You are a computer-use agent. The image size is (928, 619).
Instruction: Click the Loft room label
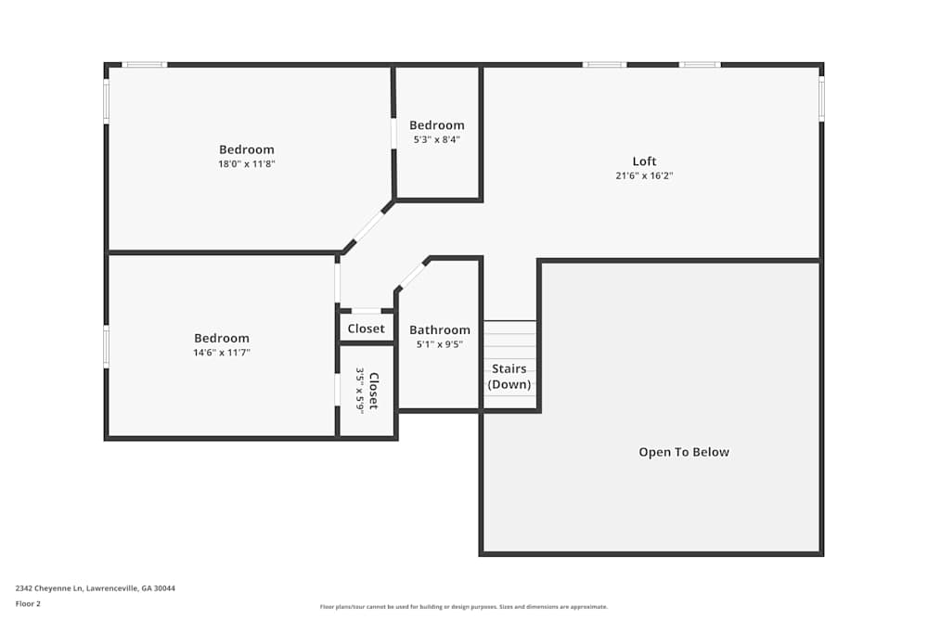click(x=644, y=161)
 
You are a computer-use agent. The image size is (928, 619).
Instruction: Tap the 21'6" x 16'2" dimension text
click(x=644, y=175)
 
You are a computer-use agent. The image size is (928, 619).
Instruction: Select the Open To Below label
click(x=684, y=452)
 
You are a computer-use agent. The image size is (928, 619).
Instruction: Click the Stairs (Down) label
click(x=509, y=377)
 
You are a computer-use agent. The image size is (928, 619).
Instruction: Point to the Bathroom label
click(x=440, y=329)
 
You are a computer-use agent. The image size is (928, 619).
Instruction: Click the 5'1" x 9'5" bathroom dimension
click(x=440, y=344)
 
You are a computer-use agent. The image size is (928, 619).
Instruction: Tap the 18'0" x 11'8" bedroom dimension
click(x=247, y=163)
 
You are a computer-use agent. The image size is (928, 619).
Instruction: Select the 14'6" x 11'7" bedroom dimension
click(x=222, y=353)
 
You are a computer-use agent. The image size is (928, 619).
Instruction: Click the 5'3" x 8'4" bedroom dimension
click(x=437, y=139)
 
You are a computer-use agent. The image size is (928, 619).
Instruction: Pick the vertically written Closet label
click(x=373, y=391)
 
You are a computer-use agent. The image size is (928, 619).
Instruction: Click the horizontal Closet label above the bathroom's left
click(x=366, y=329)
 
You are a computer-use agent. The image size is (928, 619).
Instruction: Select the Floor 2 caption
click(x=28, y=603)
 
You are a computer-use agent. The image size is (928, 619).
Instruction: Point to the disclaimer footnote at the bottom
click(x=464, y=607)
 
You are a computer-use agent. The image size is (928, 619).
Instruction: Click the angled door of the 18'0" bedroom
click(x=368, y=226)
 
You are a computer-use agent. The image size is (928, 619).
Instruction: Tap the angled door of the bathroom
click(x=413, y=274)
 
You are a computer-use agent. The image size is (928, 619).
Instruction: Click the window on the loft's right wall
click(x=821, y=98)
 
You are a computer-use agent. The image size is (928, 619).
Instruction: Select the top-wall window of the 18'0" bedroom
click(x=145, y=65)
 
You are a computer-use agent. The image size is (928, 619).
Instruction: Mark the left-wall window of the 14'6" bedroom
click(x=106, y=347)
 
